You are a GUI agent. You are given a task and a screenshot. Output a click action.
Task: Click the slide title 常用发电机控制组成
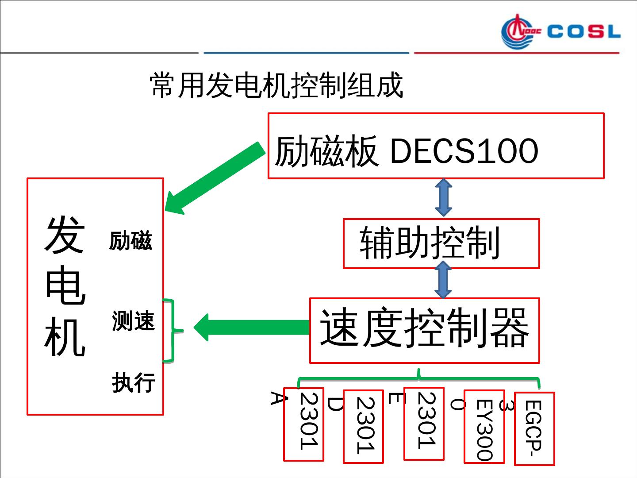click(276, 85)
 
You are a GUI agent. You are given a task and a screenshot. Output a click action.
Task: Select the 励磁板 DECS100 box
click(436, 146)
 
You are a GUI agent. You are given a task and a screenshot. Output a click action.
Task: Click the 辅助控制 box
click(441, 243)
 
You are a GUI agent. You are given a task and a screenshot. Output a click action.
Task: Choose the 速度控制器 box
click(424, 330)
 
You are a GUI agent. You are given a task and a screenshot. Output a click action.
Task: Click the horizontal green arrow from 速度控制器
click(252, 328)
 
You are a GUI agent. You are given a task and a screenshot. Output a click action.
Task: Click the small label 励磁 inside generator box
click(130, 241)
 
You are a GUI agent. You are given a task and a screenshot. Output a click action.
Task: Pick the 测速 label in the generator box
click(133, 321)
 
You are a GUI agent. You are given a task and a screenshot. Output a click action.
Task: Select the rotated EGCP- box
click(534, 428)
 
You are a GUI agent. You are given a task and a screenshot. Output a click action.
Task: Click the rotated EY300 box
click(484, 427)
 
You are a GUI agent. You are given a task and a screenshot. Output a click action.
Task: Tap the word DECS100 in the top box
click(464, 150)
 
